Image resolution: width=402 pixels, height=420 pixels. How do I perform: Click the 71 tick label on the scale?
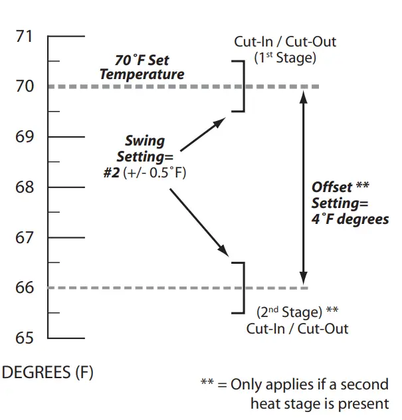coord(24,36)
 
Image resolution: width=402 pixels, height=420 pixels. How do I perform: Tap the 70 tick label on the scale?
coord(24,86)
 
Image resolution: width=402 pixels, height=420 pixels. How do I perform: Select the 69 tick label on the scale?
coord(24,137)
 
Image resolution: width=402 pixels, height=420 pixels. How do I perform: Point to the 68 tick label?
coord(24,187)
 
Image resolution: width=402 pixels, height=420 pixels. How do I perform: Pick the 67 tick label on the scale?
coord(24,238)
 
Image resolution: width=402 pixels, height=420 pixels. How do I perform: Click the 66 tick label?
coord(24,288)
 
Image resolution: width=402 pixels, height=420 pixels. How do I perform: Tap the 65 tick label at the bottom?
coord(24,338)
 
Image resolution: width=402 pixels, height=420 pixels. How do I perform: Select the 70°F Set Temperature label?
coord(142,66)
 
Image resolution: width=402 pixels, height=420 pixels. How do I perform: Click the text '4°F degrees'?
coord(350,219)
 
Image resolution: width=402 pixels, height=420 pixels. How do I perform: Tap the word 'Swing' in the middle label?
coord(144,142)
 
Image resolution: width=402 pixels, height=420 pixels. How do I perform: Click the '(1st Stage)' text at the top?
coord(285,57)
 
